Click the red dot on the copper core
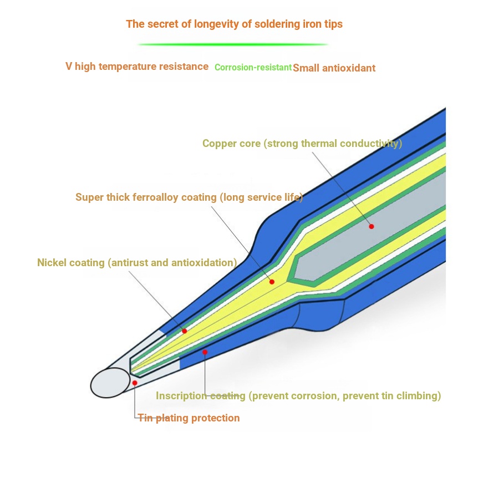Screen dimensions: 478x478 click(372, 226)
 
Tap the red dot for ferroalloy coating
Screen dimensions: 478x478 click(272, 282)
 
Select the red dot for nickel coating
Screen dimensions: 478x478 click(185, 331)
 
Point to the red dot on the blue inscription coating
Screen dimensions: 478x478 click(205, 352)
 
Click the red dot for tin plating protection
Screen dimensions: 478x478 click(135, 383)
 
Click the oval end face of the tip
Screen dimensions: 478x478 click(110, 383)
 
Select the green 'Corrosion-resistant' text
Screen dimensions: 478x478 click(253, 67)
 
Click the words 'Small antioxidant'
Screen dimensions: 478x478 click(334, 68)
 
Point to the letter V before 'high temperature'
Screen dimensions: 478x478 click(69, 66)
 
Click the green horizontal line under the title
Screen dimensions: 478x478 click(233, 44)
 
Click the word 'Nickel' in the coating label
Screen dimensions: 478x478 click(52, 262)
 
